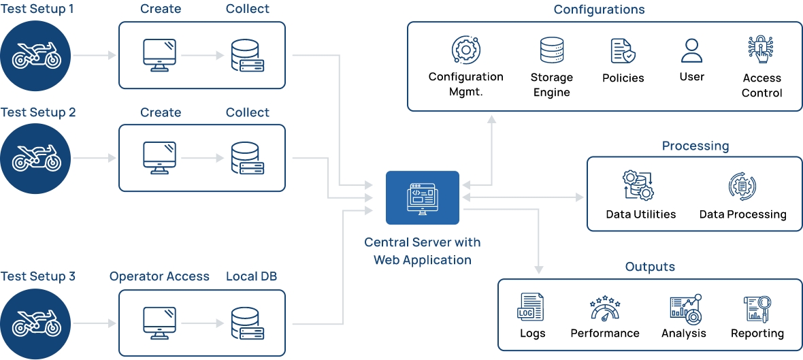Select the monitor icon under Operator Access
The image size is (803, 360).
pos(160,323)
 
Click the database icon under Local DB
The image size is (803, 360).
pos(247,323)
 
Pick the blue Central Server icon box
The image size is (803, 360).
pos(423,197)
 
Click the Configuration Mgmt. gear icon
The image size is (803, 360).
pos(465,50)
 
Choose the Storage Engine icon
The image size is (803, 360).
pos(551,51)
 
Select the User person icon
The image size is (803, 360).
pos(691,51)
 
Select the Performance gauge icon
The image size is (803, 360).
pos(604,308)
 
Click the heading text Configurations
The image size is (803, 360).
pos(599,10)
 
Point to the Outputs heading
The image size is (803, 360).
pos(650,267)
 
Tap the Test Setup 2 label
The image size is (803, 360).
pos(38,112)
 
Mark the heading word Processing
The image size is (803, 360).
pos(695,146)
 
